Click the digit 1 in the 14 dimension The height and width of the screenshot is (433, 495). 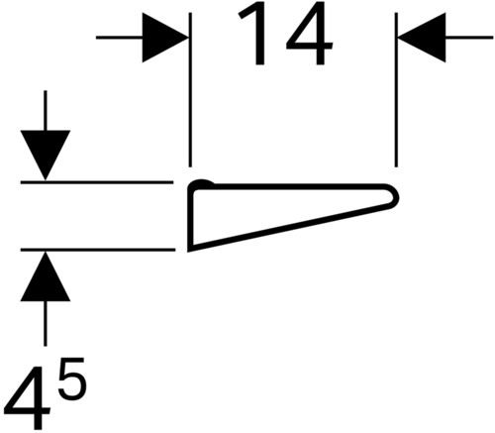coord(254,36)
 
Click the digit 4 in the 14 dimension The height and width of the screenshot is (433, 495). coord(309,36)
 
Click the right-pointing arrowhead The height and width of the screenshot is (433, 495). coord(165,38)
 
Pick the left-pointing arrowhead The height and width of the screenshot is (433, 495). coord(422,38)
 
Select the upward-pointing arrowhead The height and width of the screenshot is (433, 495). coord(46,276)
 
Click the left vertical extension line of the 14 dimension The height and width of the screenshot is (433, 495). coord(190,90)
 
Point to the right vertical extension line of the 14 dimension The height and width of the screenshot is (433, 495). coord(396,90)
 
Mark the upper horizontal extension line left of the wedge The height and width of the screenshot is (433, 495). coord(97,182)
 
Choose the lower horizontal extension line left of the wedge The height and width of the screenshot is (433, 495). coord(98,250)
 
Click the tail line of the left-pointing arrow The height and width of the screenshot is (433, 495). coord(469,38)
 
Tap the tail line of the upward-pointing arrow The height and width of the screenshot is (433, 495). coord(46,323)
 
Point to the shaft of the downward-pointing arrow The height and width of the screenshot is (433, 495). coord(46,111)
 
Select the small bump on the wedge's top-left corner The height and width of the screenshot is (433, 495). coord(202,182)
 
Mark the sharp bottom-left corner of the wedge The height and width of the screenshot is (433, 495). coord(189,250)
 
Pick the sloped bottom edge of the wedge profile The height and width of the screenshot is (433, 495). coord(290,228)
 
